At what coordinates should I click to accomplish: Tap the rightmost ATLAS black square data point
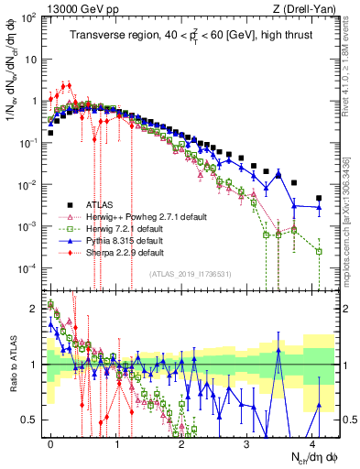(x=319, y=198)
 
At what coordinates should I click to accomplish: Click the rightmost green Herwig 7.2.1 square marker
(x=319, y=251)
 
